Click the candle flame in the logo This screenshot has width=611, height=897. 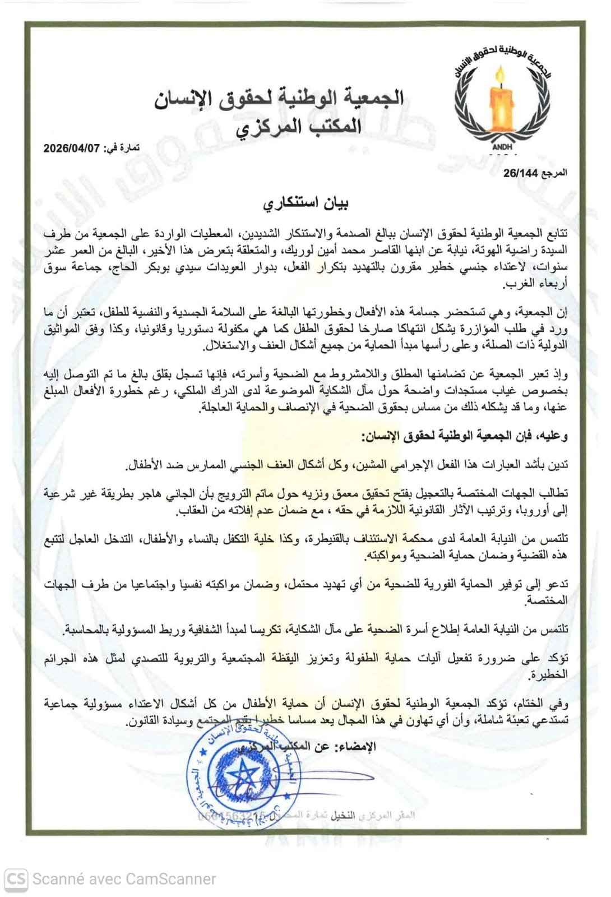click(500, 77)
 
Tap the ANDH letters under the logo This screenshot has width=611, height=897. click(502, 147)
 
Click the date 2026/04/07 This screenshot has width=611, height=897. click(71, 148)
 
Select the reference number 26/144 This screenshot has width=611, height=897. click(520, 173)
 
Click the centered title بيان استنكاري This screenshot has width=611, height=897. click(305, 203)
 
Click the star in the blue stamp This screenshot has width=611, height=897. click(242, 779)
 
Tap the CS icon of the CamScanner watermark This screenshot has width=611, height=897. click(16, 878)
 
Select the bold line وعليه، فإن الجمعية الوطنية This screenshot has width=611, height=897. click(465, 436)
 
